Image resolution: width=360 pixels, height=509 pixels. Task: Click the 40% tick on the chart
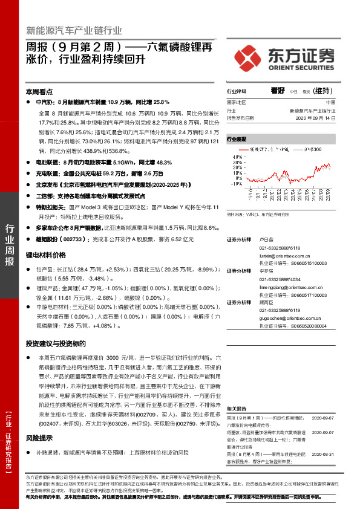[x=235, y=155]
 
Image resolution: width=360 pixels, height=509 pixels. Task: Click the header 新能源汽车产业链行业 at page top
[x=74, y=30]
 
